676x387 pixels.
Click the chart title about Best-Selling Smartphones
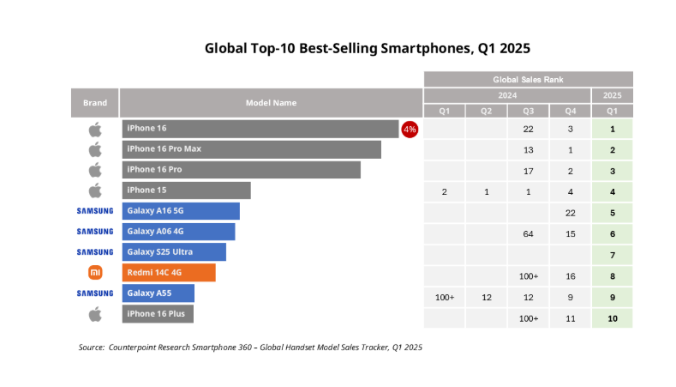tap(374, 48)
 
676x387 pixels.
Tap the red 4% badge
tap(410, 129)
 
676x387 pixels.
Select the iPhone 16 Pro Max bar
tap(251, 149)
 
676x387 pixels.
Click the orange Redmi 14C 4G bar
tap(168, 273)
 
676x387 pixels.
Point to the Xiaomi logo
tap(94, 273)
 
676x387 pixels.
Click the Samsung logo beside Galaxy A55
tap(94, 293)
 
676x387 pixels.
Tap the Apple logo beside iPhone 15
tap(94, 190)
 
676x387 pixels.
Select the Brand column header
tap(94, 103)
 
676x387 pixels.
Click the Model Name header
tap(271, 103)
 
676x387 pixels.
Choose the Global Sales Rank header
tap(528, 79)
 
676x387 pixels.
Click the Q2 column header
tap(486, 111)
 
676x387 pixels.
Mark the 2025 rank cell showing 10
tap(613, 318)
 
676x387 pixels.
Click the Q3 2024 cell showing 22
tap(529, 129)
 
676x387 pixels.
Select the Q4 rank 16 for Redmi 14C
tap(570, 276)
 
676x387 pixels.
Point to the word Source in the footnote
tap(91, 348)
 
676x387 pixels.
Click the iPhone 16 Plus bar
tap(158, 314)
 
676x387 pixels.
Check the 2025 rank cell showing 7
tap(613, 255)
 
